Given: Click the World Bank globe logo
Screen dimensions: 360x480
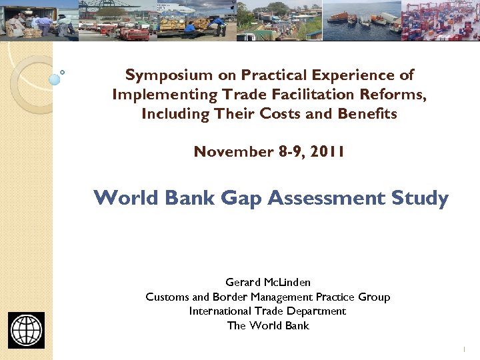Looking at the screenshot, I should tap(27, 330).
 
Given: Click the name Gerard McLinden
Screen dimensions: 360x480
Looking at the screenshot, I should tap(268, 283).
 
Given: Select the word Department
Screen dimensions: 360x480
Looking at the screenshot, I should tap(315, 311).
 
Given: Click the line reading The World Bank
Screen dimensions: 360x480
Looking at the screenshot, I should tap(268, 325).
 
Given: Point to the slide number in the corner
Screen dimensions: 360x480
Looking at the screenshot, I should tap(463, 349).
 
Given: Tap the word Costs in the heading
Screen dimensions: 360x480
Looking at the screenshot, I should tap(281, 114).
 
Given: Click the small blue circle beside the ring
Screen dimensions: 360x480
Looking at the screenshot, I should tap(55, 79).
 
